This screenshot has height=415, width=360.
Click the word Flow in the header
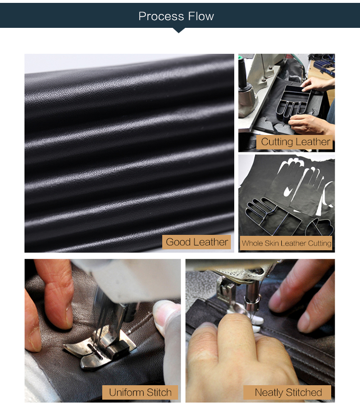[x=201, y=16]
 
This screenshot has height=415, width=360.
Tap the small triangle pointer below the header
[x=179, y=30]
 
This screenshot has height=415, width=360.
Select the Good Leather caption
[x=197, y=242]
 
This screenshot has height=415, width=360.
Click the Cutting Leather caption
[x=296, y=142]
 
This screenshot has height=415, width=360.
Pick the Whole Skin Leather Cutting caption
[x=287, y=243]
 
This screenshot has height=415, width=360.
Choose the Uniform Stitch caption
[x=140, y=392]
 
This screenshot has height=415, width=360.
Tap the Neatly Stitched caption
[x=288, y=392]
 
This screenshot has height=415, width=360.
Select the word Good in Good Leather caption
[x=178, y=242]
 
